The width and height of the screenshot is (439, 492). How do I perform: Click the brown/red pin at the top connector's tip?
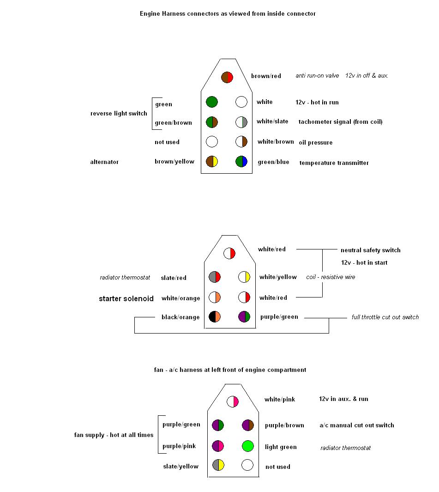point(227,77)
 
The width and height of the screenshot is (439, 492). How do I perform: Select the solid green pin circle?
point(212,102)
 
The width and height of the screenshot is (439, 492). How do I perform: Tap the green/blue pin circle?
point(241,162)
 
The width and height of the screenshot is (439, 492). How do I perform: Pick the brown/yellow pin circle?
point(212,162)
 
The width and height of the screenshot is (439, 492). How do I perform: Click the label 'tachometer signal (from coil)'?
point(341,122)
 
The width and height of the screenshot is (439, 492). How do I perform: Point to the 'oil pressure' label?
point(315,142)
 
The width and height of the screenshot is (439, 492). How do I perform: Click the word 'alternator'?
point(104,162)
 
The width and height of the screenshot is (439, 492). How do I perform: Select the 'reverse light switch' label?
point(119,114)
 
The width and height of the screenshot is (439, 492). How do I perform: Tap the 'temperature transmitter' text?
point(334,163)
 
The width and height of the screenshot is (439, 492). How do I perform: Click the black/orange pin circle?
point(215,316)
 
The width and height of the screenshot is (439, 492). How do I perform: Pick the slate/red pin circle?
point(215,277)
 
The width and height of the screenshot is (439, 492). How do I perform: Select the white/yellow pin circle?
point(244,277)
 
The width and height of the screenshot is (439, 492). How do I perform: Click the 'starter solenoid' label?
point(126,298)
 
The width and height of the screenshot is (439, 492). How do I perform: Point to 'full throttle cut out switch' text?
point(385,317)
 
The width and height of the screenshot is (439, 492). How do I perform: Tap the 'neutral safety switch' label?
point(370,250)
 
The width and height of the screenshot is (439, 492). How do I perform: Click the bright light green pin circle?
point(248,446)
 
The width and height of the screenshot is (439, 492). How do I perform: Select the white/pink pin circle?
point(232,401)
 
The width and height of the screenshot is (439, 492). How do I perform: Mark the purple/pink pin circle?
point(217,446)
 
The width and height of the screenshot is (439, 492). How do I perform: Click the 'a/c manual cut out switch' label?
point(357,425)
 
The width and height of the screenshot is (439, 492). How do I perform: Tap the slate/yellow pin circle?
point(218,465)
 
